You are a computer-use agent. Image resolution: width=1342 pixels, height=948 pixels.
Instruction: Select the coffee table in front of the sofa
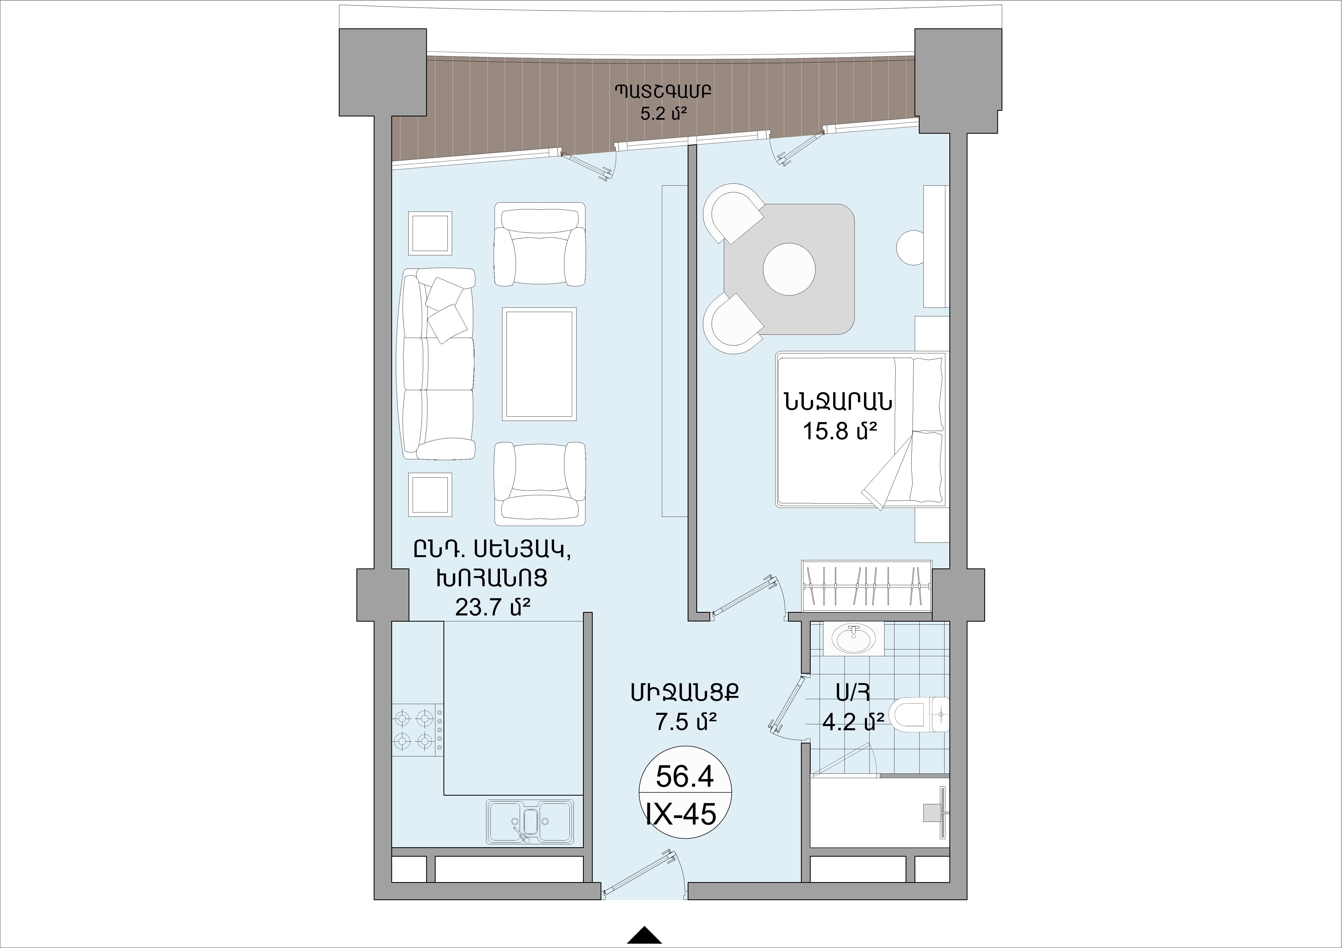539,363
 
